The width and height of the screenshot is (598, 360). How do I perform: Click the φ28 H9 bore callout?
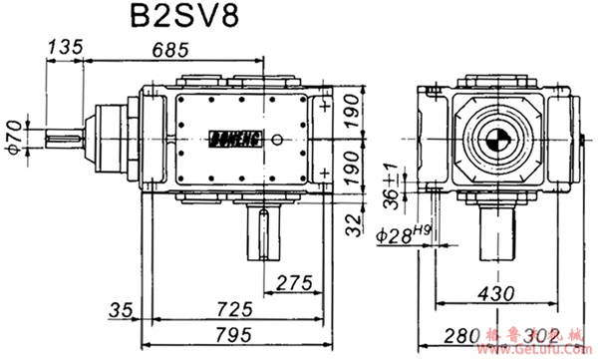408,236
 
